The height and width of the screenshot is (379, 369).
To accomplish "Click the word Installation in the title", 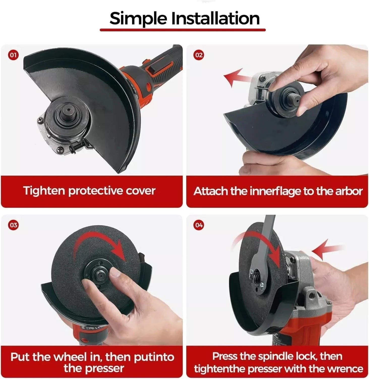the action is click(216, 18).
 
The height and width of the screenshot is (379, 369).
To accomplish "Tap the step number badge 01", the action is click(13, 55).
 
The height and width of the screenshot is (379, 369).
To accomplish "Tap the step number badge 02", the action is click(199, 55).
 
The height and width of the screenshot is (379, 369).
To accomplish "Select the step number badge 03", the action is click(13, 225).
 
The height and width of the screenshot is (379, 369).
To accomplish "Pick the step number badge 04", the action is click(199, 225).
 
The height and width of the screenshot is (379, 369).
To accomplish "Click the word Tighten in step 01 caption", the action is click(44, 191).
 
